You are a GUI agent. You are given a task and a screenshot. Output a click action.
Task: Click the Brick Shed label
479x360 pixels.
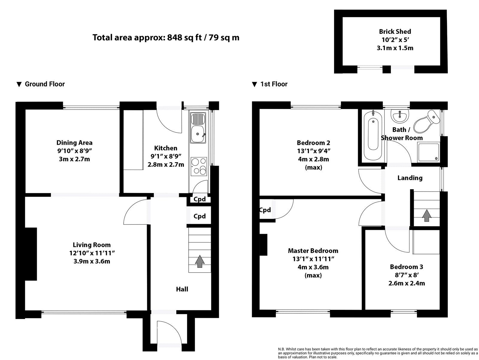pos(395,31)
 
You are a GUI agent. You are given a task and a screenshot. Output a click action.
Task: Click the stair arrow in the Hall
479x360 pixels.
pos(199,261)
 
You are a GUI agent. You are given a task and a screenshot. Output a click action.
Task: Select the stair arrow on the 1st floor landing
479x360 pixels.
pos(427,215)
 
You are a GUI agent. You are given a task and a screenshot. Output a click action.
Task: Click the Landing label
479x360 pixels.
pos(410,178)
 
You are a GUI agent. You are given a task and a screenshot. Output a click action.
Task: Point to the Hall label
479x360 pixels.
pos(182,289)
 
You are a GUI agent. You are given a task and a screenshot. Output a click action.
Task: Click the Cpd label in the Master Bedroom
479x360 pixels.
pos(265,210)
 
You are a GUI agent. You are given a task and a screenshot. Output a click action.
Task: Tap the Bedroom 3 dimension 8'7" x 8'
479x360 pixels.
pos(407,275)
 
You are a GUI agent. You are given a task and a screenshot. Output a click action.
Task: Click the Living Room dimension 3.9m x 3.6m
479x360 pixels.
pos(92,261)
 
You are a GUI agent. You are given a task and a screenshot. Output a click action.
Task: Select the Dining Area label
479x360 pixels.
pos(74,143)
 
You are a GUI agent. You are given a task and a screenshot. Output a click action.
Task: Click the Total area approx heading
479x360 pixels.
pos(166,38)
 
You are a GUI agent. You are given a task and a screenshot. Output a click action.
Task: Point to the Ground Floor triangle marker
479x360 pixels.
pos(19,84)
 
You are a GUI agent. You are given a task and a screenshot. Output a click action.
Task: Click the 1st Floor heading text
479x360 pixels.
pos(274,84)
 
